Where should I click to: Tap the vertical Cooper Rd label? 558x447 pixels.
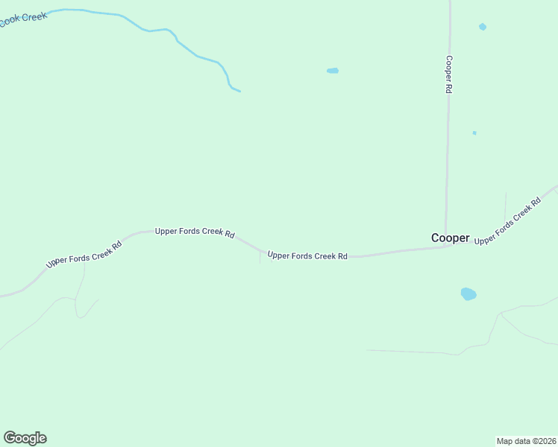point(449,74)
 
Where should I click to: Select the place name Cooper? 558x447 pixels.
point(451,238)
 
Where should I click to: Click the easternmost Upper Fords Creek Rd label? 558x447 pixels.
point(507,221)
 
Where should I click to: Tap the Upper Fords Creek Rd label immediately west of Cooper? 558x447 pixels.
point(307,256)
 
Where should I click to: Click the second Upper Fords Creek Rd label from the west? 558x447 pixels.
point(195,232)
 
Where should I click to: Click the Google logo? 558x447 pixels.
point(25,438)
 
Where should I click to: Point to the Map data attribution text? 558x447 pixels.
point(526,440)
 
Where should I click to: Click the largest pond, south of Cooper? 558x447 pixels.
point(468,294)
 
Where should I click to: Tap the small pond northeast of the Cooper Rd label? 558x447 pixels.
point(483,27)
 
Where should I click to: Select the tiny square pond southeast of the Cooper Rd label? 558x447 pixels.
point(474,133)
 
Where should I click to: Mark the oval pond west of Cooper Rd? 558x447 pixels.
point(333,71)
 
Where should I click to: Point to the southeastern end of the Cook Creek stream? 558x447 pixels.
point(239,91)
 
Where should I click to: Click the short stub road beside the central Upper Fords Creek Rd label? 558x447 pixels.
point(260,258)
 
